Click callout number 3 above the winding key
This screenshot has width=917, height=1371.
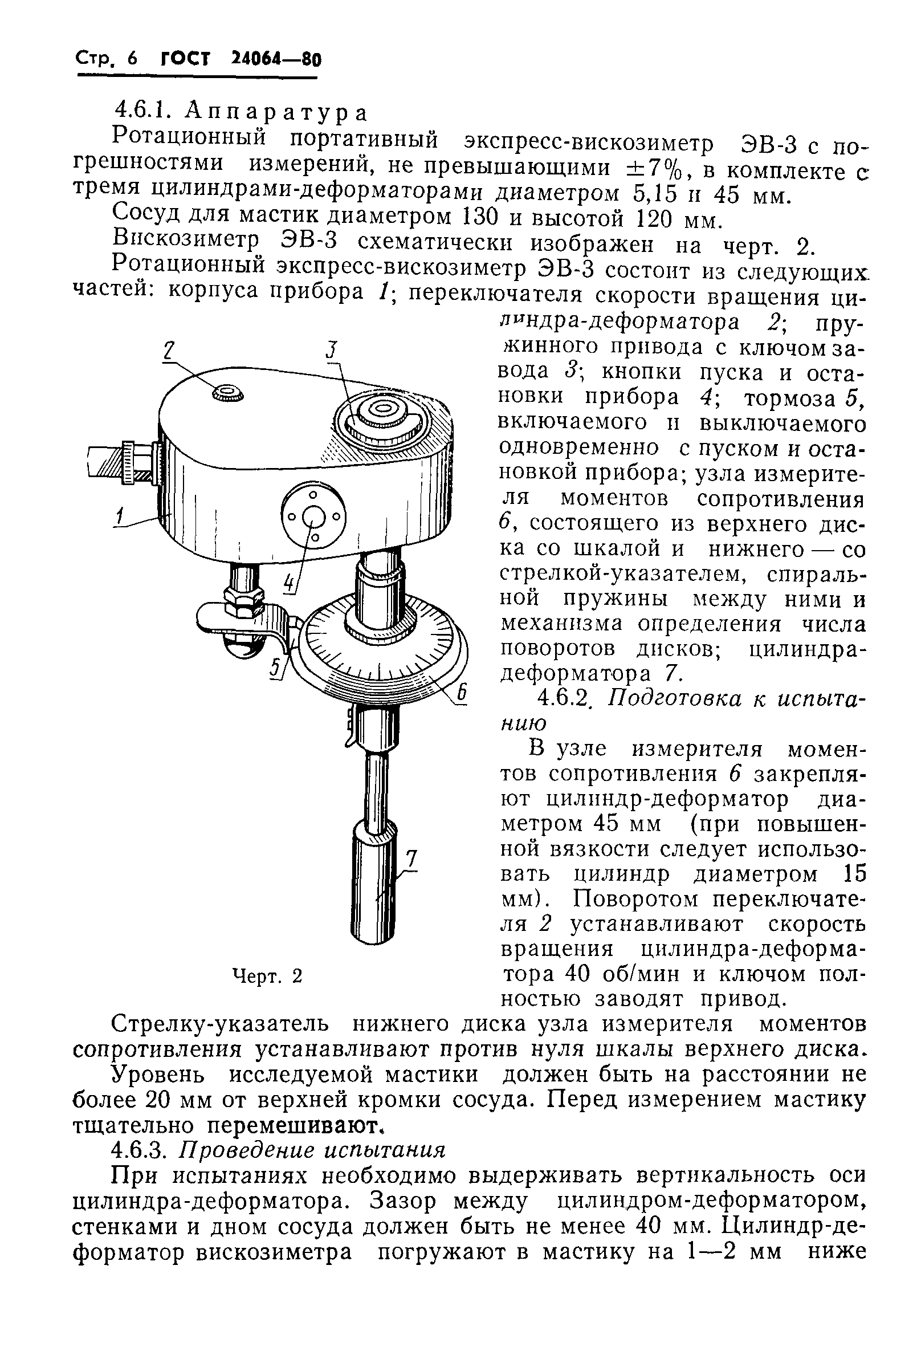click(332, 351)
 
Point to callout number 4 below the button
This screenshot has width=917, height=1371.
click(289, 583)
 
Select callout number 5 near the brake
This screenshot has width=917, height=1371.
click(275, 668)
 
